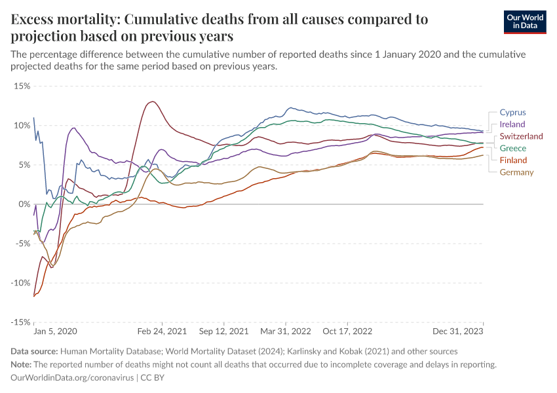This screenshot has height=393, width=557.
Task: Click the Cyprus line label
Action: (x=512, y=113)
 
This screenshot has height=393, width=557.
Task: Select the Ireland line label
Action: (x=512, y=124)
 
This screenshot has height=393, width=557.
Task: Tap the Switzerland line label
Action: (x=521, y=136)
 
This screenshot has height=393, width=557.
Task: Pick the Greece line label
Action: (x=512, y=149)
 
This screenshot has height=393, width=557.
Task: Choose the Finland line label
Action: (x=513, y=160)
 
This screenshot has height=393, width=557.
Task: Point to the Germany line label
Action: (x=516, y=173)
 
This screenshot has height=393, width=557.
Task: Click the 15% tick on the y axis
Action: (x=22, y=86)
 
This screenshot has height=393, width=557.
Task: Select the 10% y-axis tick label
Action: (x=22, y=125)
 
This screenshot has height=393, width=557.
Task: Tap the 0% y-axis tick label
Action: (x=24, y=204)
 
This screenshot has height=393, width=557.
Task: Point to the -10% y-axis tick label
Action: (x=20, y=283)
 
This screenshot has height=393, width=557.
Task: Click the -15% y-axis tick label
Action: (x=20, y=322)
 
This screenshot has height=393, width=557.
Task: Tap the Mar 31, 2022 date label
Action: (x=286, y=332)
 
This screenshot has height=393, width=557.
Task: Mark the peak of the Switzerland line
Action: (x=153, y=102)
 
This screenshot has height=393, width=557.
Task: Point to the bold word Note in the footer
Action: (x=22, y=365)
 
